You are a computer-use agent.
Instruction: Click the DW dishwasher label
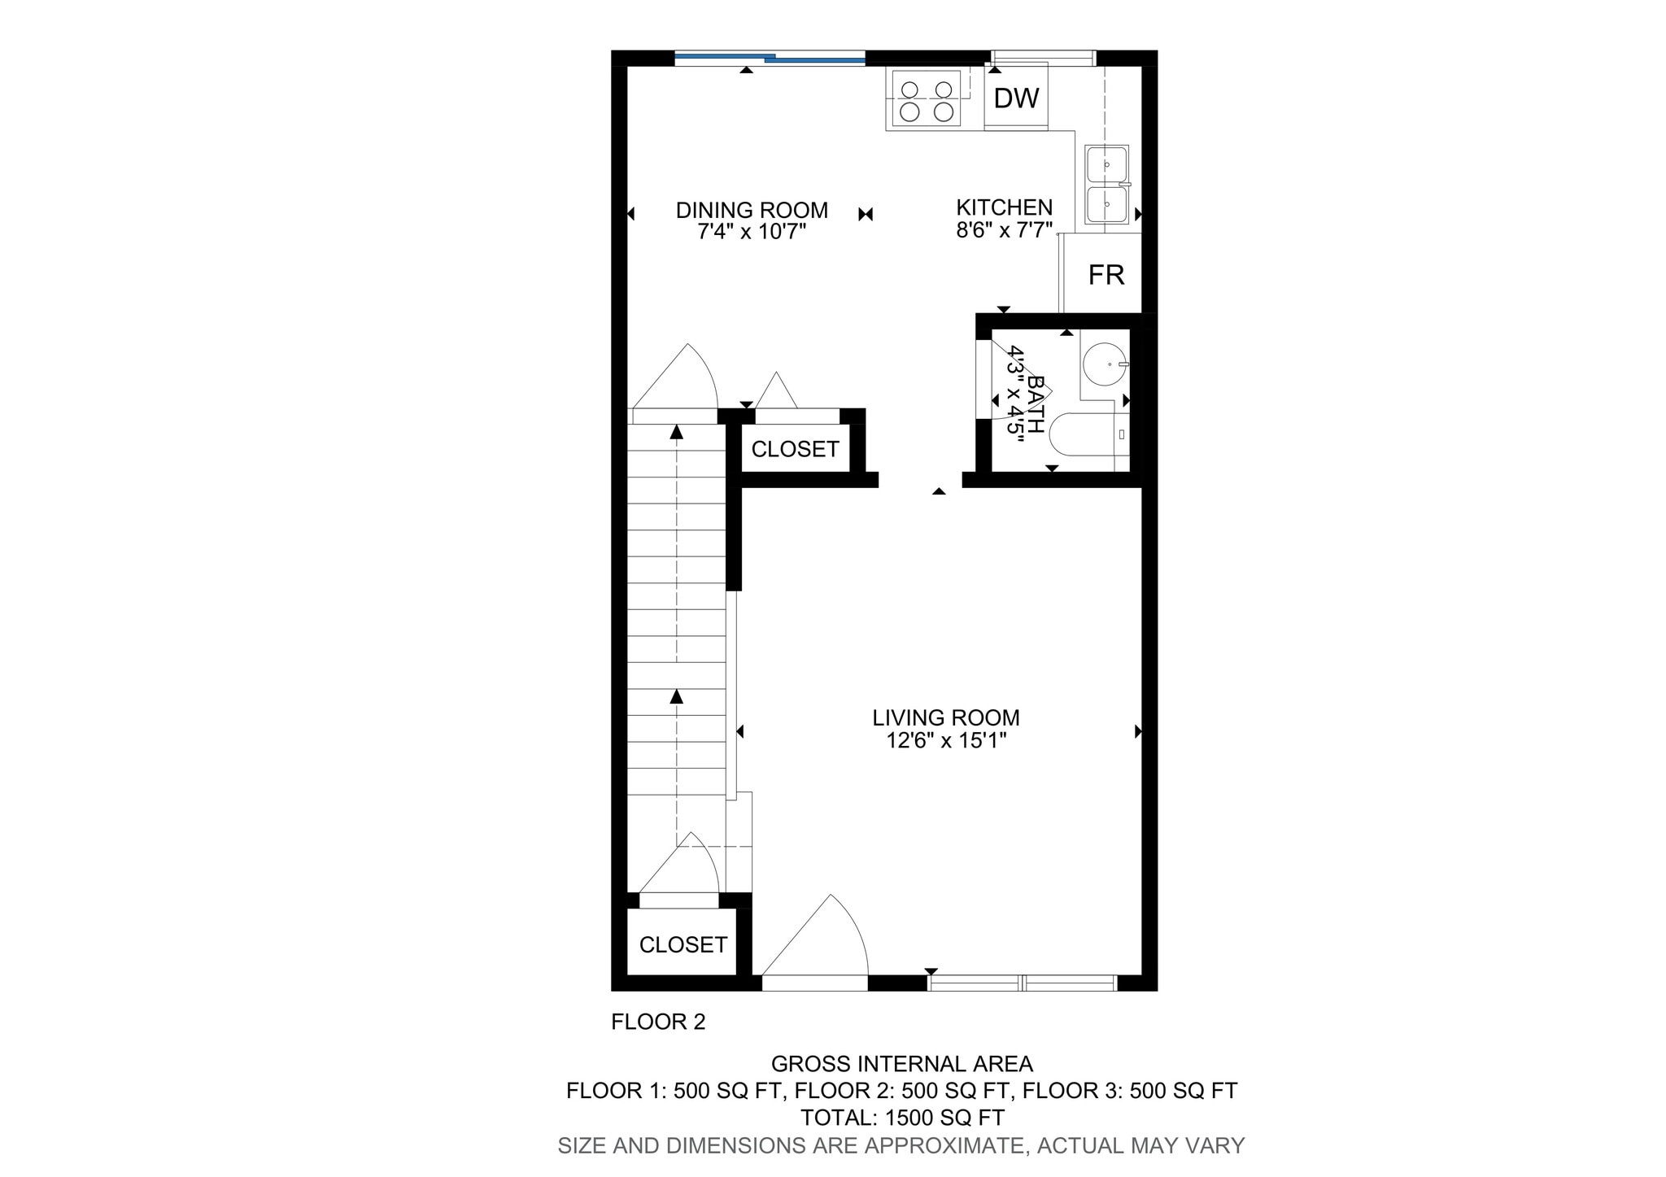1016,98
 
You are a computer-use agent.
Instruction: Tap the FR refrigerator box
1106,275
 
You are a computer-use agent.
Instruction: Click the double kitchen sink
1106,185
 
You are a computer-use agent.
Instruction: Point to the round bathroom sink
1106,364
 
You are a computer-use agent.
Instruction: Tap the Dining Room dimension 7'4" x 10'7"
752,232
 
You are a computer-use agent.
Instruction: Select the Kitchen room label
1004,207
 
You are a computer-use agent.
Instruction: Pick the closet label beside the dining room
795,449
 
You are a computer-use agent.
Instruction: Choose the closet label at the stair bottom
683,944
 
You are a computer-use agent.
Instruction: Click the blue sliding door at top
769,57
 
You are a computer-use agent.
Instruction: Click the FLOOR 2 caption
658,1022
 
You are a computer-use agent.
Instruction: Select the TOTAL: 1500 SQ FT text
902,1118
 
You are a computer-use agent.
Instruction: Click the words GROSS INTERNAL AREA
901,1064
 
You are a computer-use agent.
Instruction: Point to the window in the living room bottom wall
1022,983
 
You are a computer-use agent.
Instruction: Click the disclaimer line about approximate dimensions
901,1145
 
